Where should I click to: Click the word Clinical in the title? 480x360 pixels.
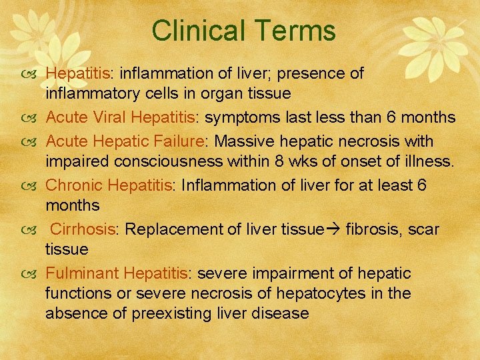[x=195, y=31]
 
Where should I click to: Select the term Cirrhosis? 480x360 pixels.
[x=83, y=229]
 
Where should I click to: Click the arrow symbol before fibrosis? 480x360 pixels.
[x=332, y=229]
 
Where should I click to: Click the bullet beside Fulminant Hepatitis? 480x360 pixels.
[x=33, y=273]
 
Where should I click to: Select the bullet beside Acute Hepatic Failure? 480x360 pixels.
[x=33, y=141]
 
